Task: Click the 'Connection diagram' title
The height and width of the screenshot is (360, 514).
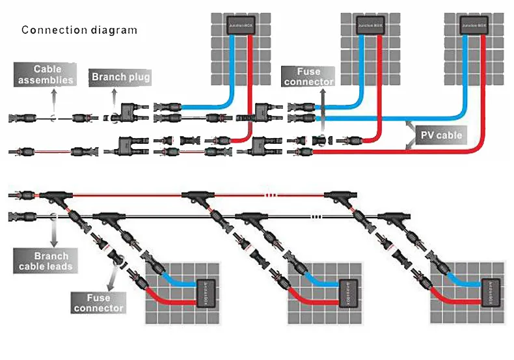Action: pyautogui.click(x=79, y=30)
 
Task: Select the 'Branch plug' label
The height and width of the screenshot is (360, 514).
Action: pyautogui.click(x=121, y=77)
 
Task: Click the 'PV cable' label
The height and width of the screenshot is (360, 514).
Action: pyautogui.click(x=440, y=135)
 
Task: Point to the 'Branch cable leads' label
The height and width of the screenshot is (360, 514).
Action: pyautogui.click(x=51, y=262)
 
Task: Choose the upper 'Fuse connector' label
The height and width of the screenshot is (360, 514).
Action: pyautogui.click(x=308, y=76)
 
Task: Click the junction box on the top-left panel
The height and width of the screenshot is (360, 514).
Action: pyautogui.click(x=240, y=26)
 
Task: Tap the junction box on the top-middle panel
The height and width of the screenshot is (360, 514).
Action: pyautogui.click(x=369, y=26)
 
